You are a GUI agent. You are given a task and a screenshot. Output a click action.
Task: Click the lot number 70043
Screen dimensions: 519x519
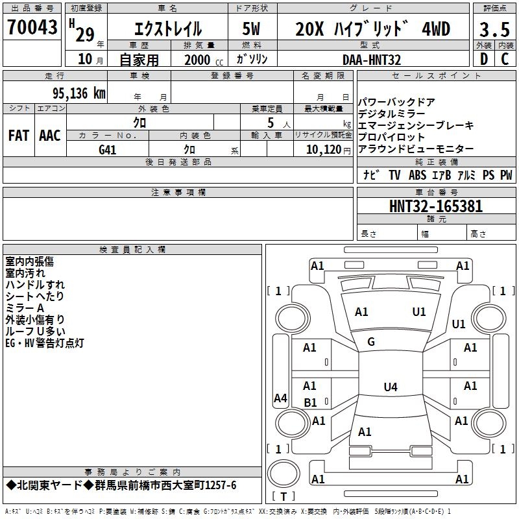32,27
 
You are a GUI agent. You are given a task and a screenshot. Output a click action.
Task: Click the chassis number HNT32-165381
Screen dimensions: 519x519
436,206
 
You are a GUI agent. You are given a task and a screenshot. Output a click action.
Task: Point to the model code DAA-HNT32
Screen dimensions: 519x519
372,59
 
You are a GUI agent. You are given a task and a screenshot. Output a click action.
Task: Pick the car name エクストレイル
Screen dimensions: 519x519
167,29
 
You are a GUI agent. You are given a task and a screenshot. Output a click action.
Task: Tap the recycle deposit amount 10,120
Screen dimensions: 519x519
320,149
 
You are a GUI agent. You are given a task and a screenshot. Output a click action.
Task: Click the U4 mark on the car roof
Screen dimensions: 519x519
390,387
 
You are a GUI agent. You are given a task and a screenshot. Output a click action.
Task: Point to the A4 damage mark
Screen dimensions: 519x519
280,398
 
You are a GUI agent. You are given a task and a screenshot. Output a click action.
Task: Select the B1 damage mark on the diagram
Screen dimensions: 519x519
311,403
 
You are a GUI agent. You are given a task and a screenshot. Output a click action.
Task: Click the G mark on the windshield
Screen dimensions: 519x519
371,342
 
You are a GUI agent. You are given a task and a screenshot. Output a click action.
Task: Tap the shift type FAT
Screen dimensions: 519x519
18,136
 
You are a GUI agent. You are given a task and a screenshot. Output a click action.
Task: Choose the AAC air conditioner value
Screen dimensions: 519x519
49,136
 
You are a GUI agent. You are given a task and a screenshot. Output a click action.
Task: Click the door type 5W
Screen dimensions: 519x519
251,29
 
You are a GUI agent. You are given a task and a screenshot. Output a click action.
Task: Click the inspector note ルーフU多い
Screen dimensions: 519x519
35,331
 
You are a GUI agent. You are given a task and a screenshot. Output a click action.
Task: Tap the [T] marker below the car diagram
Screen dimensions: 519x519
283,496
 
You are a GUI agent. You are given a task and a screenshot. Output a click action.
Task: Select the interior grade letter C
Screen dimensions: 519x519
505,58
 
